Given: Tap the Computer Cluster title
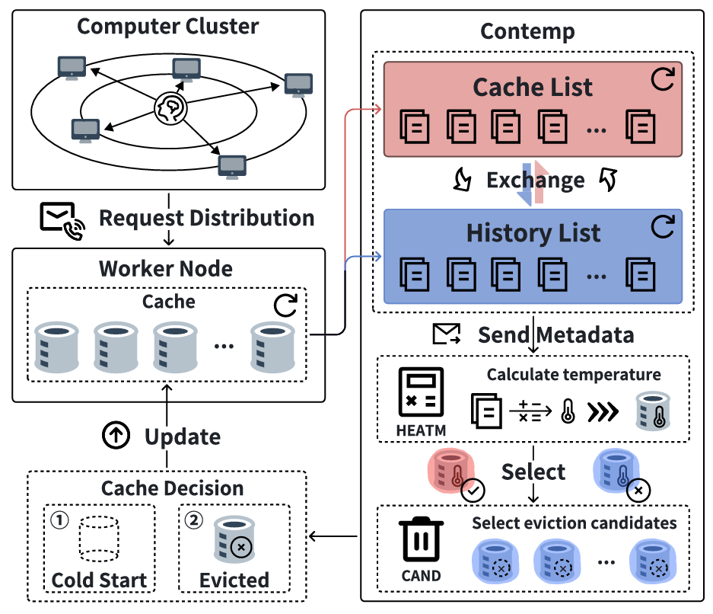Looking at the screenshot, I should click(168, 26).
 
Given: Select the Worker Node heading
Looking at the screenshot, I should click(165, 269).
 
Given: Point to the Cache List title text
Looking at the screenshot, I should click(533, 87).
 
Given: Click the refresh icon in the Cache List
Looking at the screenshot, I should click(663, 79).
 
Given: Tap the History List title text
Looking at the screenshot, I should click(533, 232).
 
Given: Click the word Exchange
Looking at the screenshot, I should click(536, 181).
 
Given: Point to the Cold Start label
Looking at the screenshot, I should click(100, 580).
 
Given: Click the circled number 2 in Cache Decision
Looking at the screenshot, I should click(195, 520).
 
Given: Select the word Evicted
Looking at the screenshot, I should click(234, 580).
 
